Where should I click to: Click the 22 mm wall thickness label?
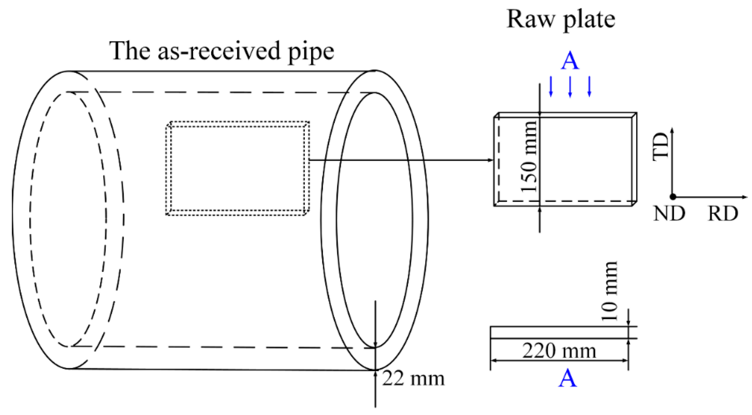(x=413, y=379)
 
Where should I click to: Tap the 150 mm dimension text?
(x=529, y=157)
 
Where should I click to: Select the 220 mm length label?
(x=559, y=351)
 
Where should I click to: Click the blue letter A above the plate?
(x=570, y=61)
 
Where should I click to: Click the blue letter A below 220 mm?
(x=568, y=379)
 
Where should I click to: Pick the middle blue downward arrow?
(x=570, y=87)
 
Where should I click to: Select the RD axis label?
(x=723, y=213)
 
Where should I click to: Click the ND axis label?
(x=669, y=213)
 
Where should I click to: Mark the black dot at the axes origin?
(x=673, y=197)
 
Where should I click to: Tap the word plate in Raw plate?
(x=589, y=21)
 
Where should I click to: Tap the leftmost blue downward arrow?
(x=551, y=87)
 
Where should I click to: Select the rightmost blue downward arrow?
(x=589, y=87)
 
